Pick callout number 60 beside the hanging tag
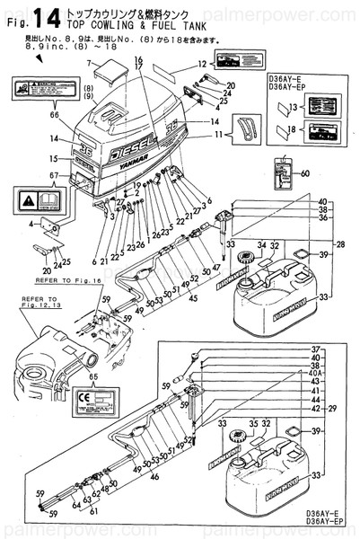(x=305, y=172)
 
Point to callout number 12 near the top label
(x=202, y=64)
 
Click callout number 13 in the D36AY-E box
(x=288, y=106)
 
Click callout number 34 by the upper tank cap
(x=262, y=243)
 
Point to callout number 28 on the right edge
(x=339, y=243)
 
